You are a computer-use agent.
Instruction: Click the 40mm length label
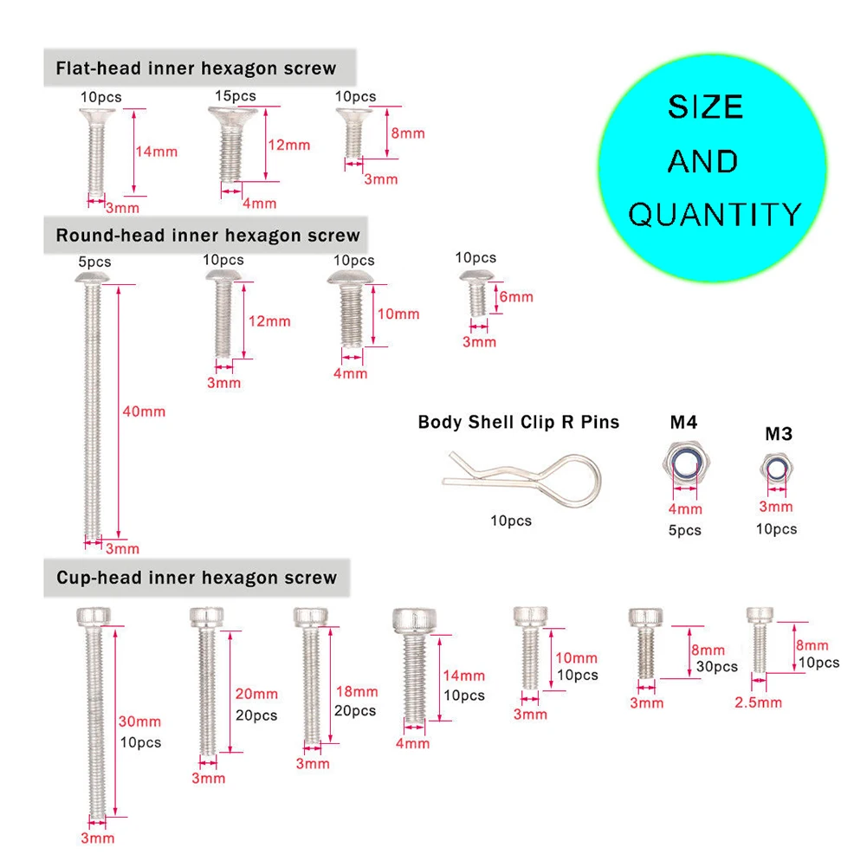click(x=144, y=411)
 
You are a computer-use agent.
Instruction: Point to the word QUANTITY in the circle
click(x=715, y=214)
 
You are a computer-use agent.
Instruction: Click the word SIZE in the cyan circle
click(x=705, y=107)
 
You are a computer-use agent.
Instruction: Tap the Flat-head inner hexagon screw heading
click(x=196, y=68)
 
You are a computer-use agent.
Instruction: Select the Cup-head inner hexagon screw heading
click(x=197, y=578)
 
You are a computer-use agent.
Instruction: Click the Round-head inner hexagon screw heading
click(x=208, y=236)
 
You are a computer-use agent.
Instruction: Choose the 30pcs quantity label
click(x=717, y=666)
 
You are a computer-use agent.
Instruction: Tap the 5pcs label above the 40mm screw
click(x=94, y=262)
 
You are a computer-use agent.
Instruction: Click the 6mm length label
click(x=516, y=296)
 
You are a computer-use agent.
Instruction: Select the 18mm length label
click(x=356, y=691)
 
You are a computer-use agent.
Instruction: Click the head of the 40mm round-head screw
click(x=94, y=276)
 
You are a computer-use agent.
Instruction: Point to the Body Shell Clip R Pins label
click(x=519, y=422)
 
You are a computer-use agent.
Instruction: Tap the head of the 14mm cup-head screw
click(x=416, y=621)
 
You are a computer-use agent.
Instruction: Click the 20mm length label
click(x=257, y=694)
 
